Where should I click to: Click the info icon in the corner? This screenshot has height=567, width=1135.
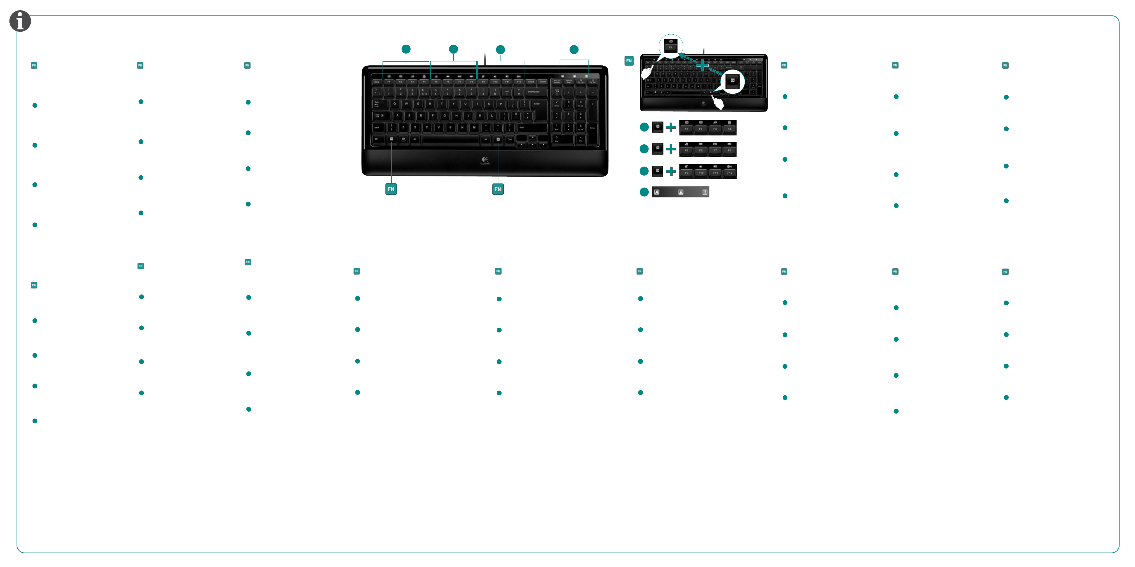click(20, 21)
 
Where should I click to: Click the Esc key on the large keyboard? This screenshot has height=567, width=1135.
click(377, 82)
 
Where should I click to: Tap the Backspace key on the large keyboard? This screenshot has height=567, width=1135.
click(534, 92)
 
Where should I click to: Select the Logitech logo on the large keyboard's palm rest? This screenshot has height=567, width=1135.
click(485, 160)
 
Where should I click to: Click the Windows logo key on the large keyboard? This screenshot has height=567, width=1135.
click(403, 139)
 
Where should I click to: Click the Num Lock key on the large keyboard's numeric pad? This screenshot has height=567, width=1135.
click(557, 92)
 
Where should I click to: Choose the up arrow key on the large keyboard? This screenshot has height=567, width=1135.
click(532, 138)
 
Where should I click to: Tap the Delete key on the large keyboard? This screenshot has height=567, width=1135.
click(543, 82)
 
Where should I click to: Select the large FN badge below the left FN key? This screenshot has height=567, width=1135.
click(391, 189)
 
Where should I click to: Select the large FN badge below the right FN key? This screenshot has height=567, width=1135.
click(497, 189)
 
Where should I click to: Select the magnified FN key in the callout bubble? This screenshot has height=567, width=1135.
click(732, 81)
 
